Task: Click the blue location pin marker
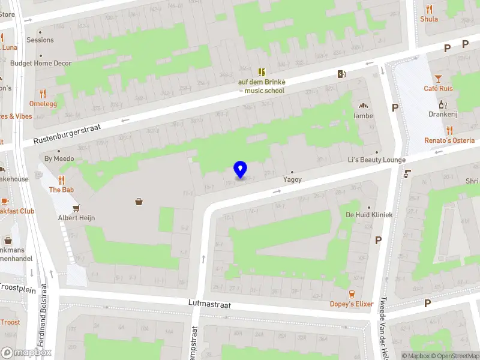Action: point(240,170)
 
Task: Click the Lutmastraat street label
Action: point(209,305)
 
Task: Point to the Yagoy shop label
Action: point(292,179)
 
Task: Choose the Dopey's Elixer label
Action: point(352,304)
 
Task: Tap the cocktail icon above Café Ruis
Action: point(438,79)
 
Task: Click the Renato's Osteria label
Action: point(449,140)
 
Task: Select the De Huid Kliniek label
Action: point(369,215)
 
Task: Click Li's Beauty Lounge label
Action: point(377,160)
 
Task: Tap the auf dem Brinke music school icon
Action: point(262,71)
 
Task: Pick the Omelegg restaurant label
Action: point(43,103)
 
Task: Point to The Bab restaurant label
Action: point(61,190)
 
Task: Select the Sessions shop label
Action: point(40,40)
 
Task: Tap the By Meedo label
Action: point(59,159)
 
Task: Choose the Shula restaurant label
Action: point(429,19)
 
